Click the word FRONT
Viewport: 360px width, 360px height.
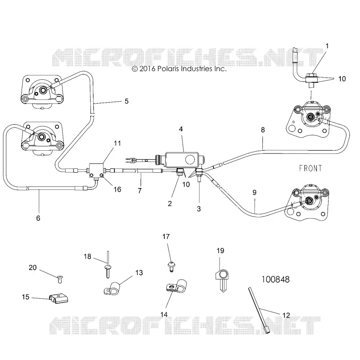(x=310, y=168)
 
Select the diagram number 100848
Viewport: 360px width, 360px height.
(x=275, y=279)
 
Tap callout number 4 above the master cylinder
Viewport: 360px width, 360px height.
(x=181, y=129)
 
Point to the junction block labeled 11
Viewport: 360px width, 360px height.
(x=96, y=171)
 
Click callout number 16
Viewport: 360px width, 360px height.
(x=117, y=189)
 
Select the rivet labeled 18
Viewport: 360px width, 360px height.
(x=108, y=265)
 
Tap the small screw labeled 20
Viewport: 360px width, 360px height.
(x=60, y=279)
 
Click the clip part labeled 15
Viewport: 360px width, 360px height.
(x=59, y=298)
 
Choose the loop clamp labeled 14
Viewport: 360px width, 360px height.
(x=176, y=287)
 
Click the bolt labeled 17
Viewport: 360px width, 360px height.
(x=171, y=266)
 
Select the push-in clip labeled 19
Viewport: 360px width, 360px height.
(x=222, y=280)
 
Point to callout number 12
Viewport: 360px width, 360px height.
(x=286, y=315)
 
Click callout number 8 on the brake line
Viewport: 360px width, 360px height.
(x=263, y=130)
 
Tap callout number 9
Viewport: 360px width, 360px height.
(x=254, y=193)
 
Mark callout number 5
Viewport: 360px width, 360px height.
(x=126, y=101)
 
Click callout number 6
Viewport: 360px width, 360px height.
(x=38, y=218)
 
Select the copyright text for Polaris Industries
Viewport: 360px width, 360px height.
(x=179, y=69)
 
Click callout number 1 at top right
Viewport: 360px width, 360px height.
(x=327, y=46)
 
